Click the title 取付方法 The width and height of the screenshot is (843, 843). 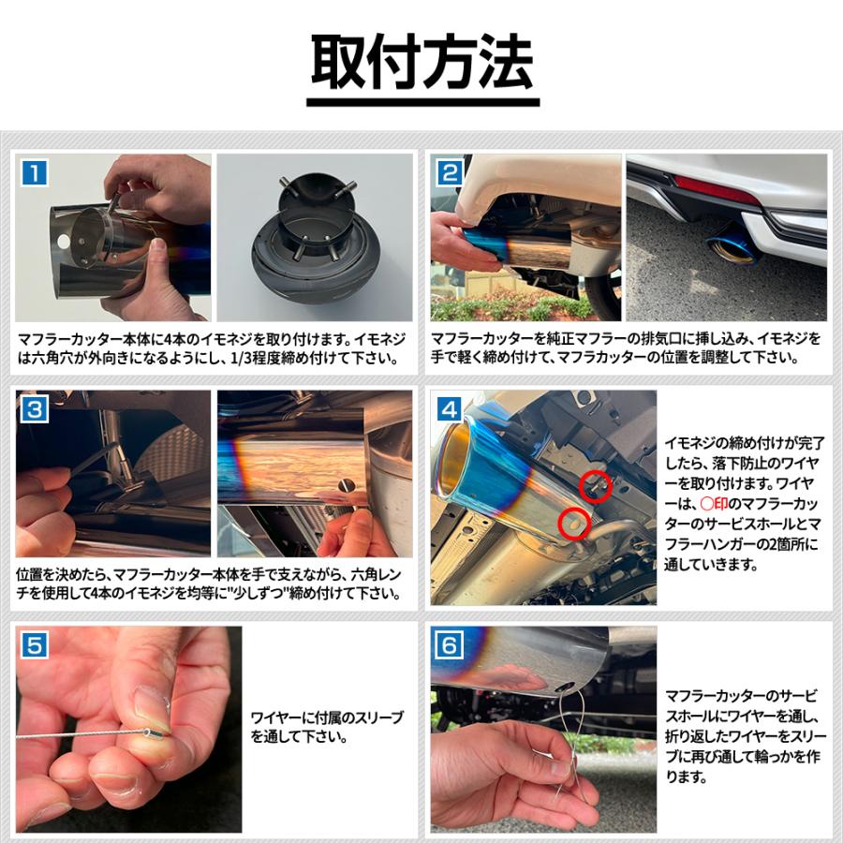pyautogui.click(x=422, y=61)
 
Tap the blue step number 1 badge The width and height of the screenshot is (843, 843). pyautogui.click(x=35, y=173)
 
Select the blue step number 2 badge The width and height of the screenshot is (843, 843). pyautogui.click(x=450, y=173)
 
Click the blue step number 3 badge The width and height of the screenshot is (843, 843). pyautogui.click(x=35, y=409)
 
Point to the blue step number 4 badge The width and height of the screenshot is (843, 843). pyautogui.click(x=450, y=409)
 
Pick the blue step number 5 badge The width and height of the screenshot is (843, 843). pyautogui.click(x=35, y=645)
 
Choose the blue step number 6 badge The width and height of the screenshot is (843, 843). pyautogui.click(x=450, y=645)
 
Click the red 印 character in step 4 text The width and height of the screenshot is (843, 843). pyautogui.click(x=721, y=504)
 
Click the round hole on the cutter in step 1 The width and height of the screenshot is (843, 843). pyautogui.click(x=64, y=242)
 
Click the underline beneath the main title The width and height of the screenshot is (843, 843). pyautogui.click(x=422, y=102)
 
